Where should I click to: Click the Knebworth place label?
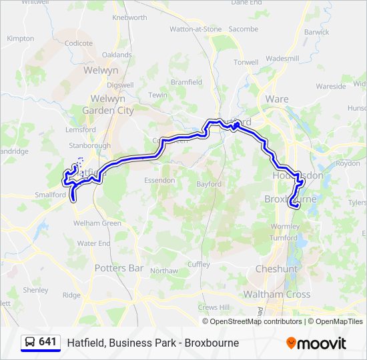pos(129,17)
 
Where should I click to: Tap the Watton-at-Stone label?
pos(195,29)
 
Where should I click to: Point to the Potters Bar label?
pos(119,268)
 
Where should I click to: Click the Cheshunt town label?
pos(276,269)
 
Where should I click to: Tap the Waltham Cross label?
pos(276,294)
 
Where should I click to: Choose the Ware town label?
pos(277,99)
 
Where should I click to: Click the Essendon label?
pos(160,180)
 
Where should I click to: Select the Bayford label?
pos(208,184)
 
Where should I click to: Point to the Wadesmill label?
pos(282,59)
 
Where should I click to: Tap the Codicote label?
pos(79,43)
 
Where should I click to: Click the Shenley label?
pos(35,290)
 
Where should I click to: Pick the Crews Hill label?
pos(213,307)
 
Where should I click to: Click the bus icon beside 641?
pos(30,343)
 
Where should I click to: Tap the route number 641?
pos(47,342)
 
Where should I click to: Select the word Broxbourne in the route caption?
pos(212,343)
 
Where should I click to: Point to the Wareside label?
pos(331,87)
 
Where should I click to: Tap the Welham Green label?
pos(97,223)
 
